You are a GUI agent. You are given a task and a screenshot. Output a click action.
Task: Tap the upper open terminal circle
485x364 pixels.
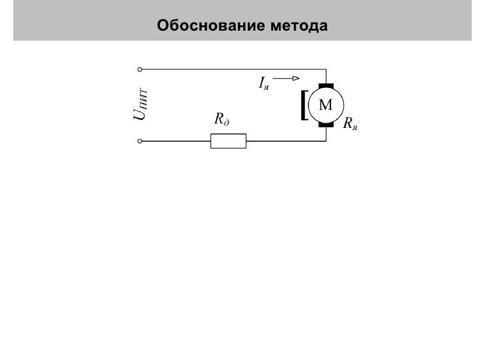coord(139,69)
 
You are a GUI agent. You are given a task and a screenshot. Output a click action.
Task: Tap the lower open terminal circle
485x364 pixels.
coord(139,141)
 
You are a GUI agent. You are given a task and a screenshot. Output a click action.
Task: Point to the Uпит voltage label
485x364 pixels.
coord(141,104)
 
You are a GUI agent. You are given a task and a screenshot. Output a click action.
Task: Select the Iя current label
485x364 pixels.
coord(263,83)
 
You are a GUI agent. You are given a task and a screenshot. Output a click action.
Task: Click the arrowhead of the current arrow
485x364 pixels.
coord(294,78)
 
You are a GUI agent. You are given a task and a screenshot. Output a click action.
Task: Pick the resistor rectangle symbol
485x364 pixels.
coord(228,141)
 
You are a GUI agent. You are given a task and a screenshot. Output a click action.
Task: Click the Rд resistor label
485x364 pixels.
coord(221,120)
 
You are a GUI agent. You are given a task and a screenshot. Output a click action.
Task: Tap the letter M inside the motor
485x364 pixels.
coord(326,105)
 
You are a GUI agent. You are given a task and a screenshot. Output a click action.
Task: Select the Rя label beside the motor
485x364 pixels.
coord(350,124)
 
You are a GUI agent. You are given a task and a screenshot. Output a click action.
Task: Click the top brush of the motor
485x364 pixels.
coord(326,85)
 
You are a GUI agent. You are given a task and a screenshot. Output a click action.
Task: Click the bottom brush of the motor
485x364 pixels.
coord(326,125)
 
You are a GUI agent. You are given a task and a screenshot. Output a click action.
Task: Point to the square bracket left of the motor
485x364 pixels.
coord(304,105)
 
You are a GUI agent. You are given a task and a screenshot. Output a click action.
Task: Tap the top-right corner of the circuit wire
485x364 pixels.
coord(326,69)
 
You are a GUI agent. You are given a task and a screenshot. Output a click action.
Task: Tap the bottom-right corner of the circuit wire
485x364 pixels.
coord(326,141)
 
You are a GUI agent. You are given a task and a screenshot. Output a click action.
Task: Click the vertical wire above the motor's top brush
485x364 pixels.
coord(326,76)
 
